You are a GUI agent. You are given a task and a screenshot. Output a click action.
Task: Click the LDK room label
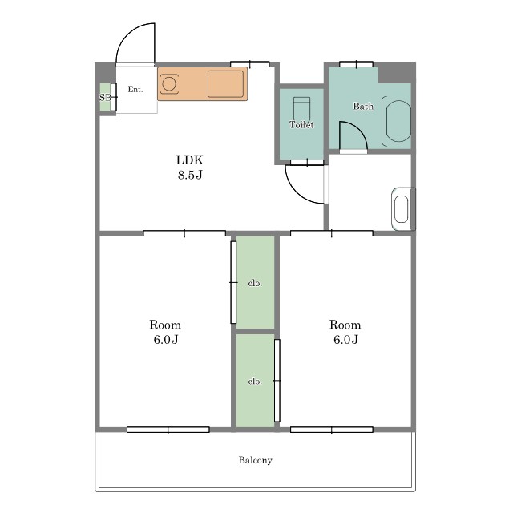click(x=190, y=160)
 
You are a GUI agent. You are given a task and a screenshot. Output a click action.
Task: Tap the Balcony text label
click(x=255, y=460)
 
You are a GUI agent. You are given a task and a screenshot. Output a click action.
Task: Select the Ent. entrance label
click(x=135, y=89)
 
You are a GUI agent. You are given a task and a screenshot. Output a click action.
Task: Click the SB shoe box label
click(x=105, y=97)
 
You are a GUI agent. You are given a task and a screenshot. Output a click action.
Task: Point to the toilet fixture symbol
click(x=301, y=109)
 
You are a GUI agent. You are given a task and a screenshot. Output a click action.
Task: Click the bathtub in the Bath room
click(x=397, y=121)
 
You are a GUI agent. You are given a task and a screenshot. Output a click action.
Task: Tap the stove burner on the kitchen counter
click(x=169, y=83)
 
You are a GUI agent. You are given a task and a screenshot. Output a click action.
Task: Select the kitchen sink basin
click(x=226, y=83)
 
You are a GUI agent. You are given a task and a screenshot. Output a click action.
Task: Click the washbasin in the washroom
click(x=402, y=209)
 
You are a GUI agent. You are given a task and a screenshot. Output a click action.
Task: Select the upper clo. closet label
click(x=255, y=283)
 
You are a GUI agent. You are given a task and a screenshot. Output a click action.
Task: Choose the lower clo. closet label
click(x=255, y=382)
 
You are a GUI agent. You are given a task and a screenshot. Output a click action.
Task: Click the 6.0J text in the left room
click(x=166, y=340)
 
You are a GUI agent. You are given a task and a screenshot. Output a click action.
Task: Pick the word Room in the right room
click(x=345, y=325)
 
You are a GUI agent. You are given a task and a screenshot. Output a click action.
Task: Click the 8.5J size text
click(x=190, y=175)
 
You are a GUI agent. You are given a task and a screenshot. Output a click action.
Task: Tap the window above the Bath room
click(x=356, y=64)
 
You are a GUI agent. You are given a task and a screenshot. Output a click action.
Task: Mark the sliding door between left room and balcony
click(x=168, y=430)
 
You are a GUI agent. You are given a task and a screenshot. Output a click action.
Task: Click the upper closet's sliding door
click(x=233, y=282)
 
